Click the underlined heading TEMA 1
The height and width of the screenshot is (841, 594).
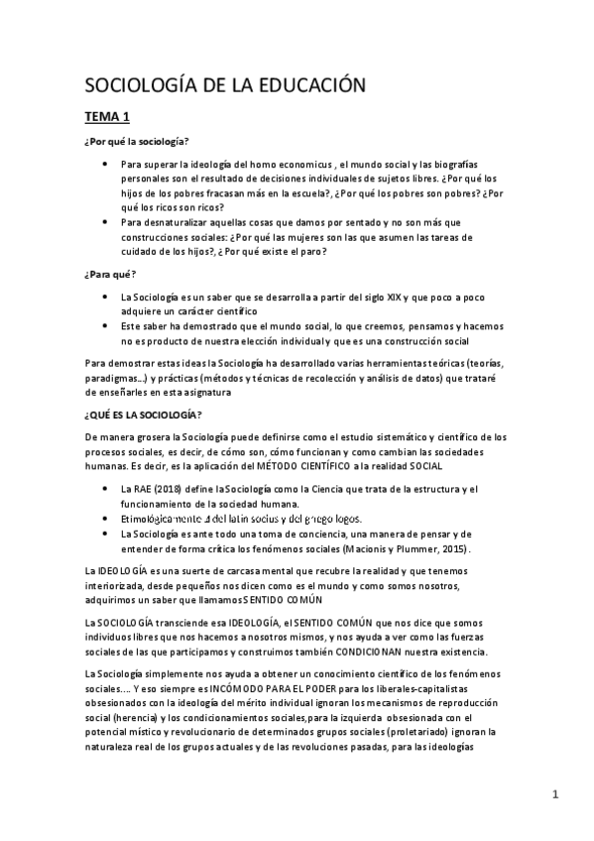click(113, 116)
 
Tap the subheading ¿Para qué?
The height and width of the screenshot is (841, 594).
click(110, 273)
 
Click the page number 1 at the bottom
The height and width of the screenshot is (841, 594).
click(556, 793)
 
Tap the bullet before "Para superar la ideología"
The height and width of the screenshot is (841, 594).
click(105, 165)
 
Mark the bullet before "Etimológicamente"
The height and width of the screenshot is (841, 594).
click(105, 518)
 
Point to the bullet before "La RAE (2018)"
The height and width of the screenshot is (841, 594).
click(105, 489)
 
